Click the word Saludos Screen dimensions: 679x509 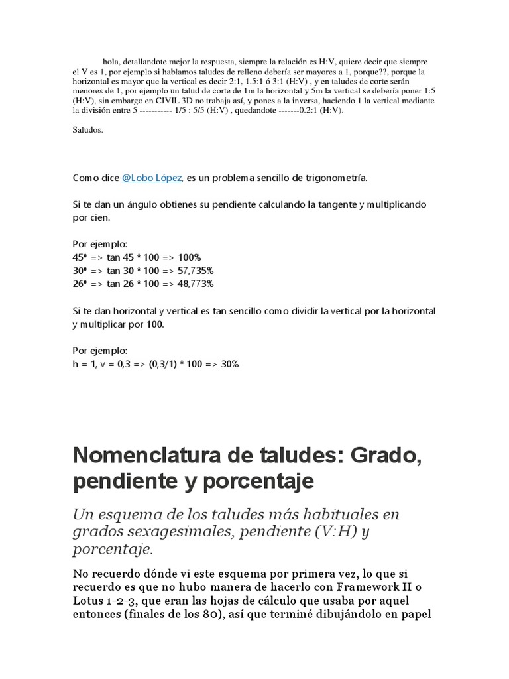pyautogui.click(x=87, y=130)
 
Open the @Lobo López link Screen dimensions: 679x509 pyautogui.click(x=152, y=178)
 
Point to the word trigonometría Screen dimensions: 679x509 pyautogui.click(x=333, y=178)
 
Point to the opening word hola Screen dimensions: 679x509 pyautogui.click(x=111, y=61)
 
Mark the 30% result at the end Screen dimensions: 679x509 pyautogui.click(x=230, y=364)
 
